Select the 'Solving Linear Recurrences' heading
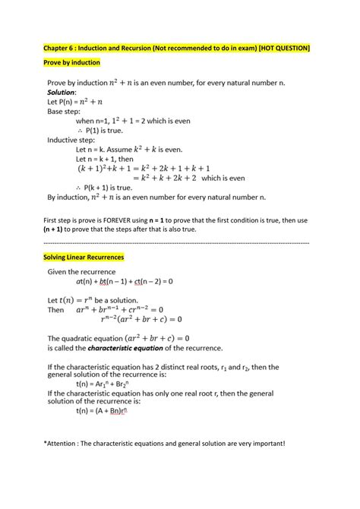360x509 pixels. tap(84, 258)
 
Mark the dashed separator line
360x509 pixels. tap(179, 243)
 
